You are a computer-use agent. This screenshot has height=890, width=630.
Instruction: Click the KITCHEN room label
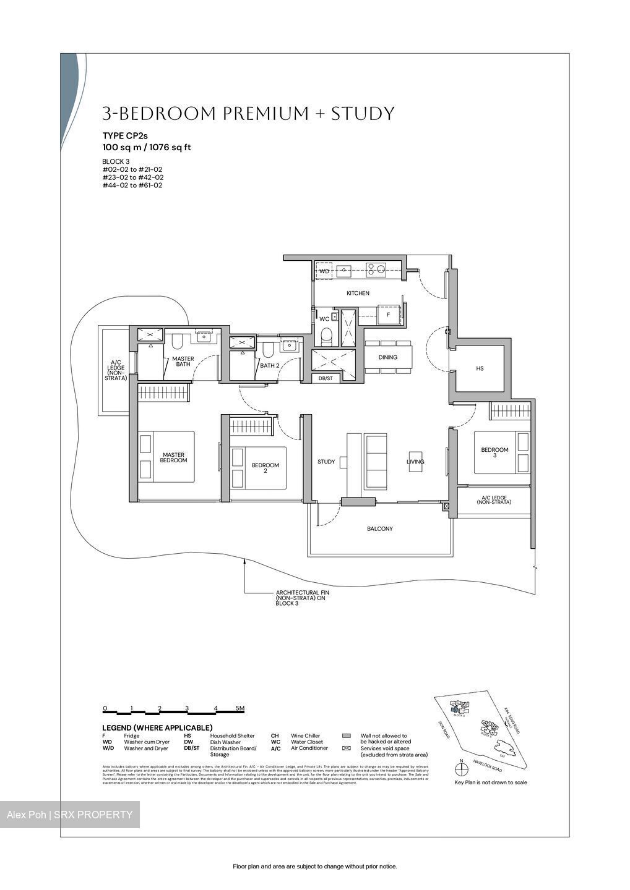coord(358,293)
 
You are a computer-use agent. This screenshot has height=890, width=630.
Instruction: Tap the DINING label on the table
coord(388,357)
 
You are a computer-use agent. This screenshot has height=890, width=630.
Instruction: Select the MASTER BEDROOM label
coord(173,458)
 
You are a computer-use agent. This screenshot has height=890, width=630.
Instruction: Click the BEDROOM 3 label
coord(494,453)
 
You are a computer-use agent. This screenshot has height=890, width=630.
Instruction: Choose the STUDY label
coord(326,462)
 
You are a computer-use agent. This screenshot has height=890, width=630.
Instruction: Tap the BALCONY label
coord(379,529)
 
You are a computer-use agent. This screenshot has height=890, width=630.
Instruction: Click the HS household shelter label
coord(480,369)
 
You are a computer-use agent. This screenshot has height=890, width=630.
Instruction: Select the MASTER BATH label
coord(183,362)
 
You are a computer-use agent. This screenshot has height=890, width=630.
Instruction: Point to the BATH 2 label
coord(270,365)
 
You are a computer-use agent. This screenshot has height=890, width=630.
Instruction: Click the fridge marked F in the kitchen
coord(388,315)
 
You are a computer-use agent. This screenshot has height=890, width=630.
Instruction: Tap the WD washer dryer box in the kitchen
coord(324,271)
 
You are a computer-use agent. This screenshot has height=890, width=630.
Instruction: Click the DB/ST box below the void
coord(326,378)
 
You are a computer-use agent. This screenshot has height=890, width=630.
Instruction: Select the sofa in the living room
coord(376,461)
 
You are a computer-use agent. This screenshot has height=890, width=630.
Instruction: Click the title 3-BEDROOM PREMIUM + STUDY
coord(248,114)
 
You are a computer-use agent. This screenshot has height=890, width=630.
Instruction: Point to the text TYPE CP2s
coord(125,135)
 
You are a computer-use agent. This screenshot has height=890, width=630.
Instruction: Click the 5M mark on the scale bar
coord(240,708)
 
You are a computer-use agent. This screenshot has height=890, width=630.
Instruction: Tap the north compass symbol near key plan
coord(461,769)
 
